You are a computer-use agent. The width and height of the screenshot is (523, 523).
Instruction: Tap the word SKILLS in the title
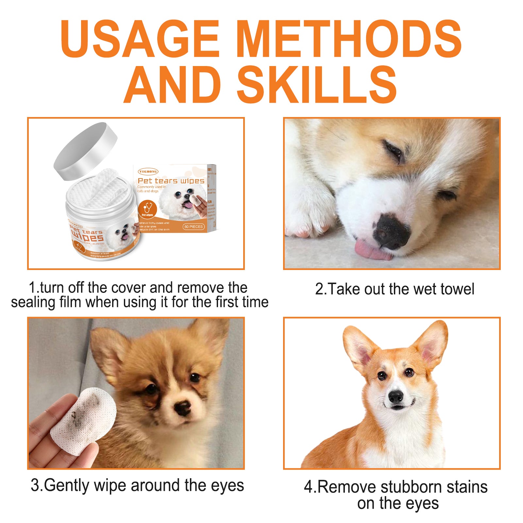click(x=316, y=85)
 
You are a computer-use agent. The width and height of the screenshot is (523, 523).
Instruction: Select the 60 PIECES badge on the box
click(x=194, y=227)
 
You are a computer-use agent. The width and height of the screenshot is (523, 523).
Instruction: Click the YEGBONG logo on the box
click(x=148, y=171)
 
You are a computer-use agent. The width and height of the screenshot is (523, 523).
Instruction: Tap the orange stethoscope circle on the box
click(x=147, y=209)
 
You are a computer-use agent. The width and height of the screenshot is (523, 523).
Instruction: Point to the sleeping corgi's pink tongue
click(x=371, y=250)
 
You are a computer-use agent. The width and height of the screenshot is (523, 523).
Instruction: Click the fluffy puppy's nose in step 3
click(x=182, y=407)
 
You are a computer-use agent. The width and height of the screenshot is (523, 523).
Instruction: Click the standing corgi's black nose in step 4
click(x=396, y=396)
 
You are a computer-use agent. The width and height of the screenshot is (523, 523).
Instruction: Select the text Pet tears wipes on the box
click(x=171, y=181)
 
